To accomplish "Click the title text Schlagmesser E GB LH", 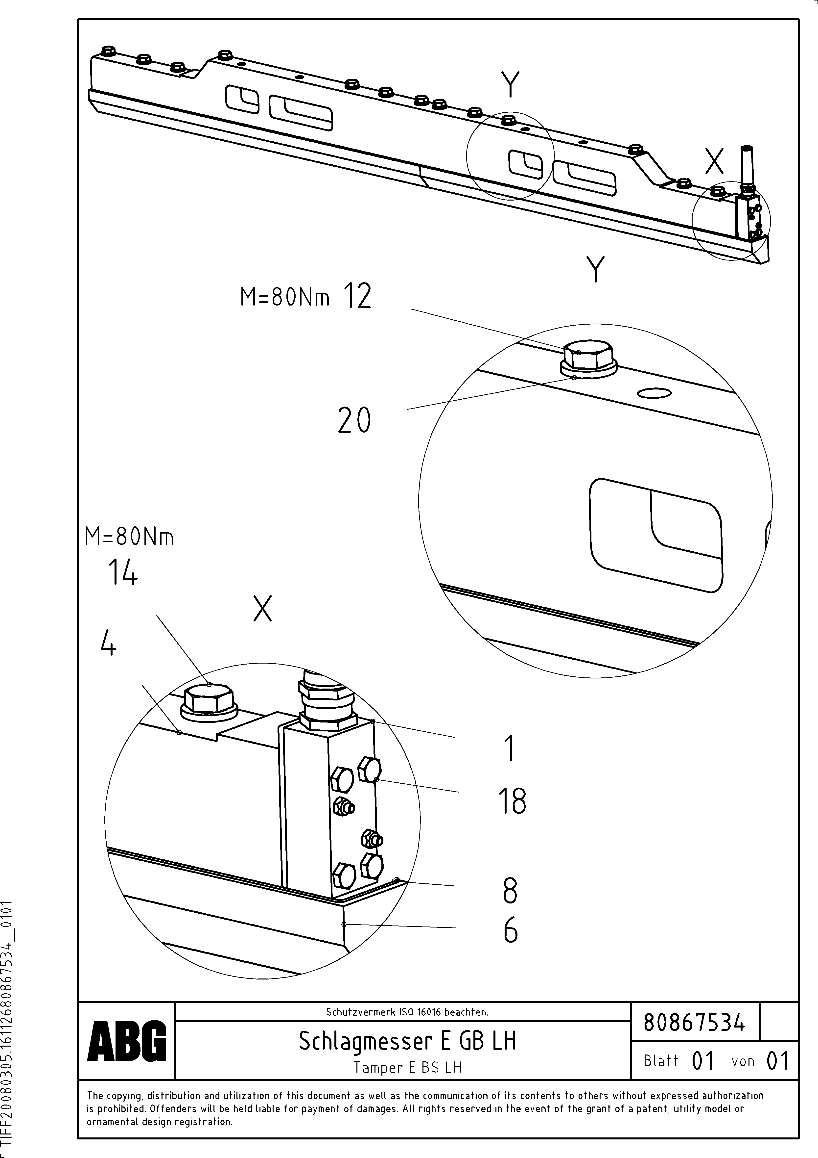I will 407,1040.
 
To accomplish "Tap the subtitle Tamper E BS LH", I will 407,1067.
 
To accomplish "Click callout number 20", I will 354,421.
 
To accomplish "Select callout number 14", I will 122,573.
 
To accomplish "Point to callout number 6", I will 510,929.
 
